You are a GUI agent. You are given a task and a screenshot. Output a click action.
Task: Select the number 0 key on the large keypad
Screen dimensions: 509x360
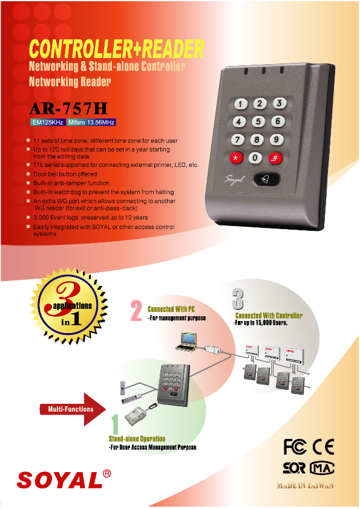(x=255, y=158)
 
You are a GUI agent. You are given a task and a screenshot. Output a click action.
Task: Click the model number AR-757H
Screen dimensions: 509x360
(x=68, y=109)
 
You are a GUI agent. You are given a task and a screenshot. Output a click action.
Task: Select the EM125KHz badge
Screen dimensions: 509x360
(x=48, y=123)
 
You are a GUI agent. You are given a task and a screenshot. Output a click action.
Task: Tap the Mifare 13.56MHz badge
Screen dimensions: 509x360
(x=91, y=123)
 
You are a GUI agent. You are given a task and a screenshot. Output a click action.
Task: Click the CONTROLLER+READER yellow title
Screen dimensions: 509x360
(x=117, y=48)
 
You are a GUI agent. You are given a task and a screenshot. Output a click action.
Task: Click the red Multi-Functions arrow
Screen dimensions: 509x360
(x=75, y=409)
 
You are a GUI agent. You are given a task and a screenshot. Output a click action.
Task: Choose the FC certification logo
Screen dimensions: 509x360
(x=296, y=447)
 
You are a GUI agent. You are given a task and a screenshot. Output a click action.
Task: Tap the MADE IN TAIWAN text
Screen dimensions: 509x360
(x=306, y=485)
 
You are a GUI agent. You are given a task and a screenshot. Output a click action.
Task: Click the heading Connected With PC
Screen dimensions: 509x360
(x=171, y=308)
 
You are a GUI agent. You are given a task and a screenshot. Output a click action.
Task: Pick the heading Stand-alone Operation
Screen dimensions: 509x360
(x=137, y=439)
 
